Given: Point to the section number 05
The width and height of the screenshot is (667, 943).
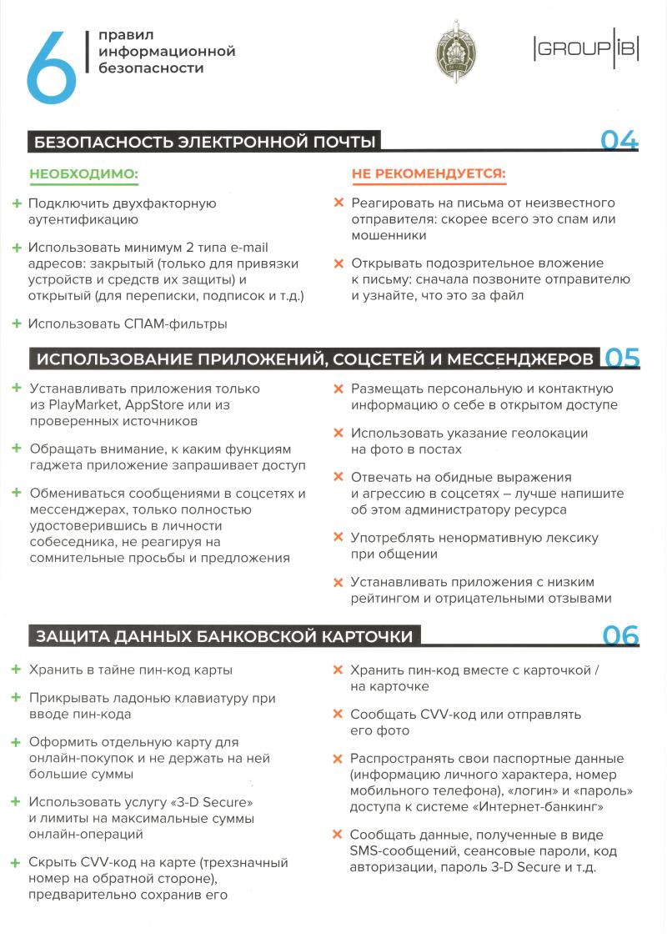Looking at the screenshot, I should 622,358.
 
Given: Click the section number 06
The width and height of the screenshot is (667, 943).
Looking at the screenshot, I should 620,635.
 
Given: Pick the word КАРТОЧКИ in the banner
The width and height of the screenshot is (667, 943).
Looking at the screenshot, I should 366,637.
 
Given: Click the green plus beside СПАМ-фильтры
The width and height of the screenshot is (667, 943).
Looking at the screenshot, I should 17,324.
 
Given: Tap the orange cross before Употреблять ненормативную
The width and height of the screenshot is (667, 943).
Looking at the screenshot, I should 338,538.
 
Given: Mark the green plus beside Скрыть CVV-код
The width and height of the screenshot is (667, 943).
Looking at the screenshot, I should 16,863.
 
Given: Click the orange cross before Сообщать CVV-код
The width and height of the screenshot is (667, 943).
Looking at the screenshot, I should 338,715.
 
